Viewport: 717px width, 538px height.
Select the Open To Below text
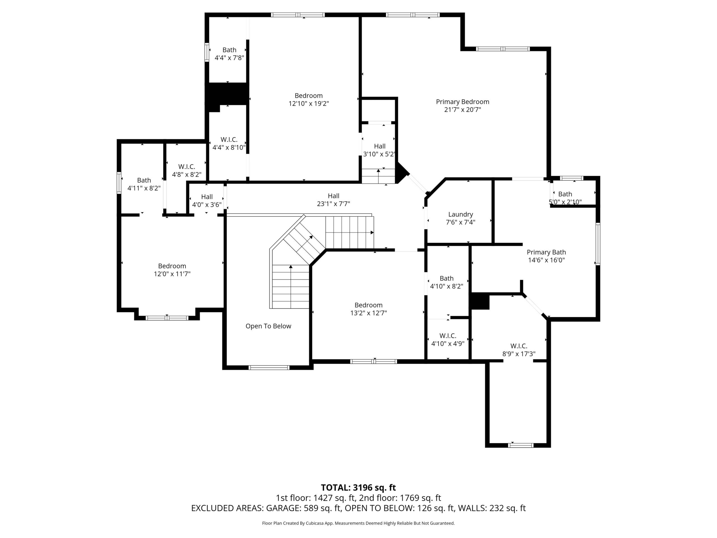268,326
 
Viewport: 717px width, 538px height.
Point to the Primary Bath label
546,252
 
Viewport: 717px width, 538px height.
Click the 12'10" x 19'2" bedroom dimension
309,104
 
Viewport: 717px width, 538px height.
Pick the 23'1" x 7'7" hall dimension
334,204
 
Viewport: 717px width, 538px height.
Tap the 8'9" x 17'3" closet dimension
519,354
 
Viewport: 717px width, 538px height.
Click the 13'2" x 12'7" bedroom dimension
369,313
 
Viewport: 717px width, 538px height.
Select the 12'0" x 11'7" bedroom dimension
172,274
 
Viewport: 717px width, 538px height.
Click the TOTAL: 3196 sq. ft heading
358,488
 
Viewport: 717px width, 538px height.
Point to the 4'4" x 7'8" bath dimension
229,58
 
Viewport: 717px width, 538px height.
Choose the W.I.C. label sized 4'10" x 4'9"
448,336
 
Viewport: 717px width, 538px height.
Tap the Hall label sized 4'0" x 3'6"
207,197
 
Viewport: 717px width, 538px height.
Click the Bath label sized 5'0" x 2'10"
565,194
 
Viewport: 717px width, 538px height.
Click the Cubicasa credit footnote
358,523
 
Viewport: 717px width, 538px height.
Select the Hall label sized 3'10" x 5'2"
380,146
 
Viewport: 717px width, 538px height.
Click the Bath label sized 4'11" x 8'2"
144,180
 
